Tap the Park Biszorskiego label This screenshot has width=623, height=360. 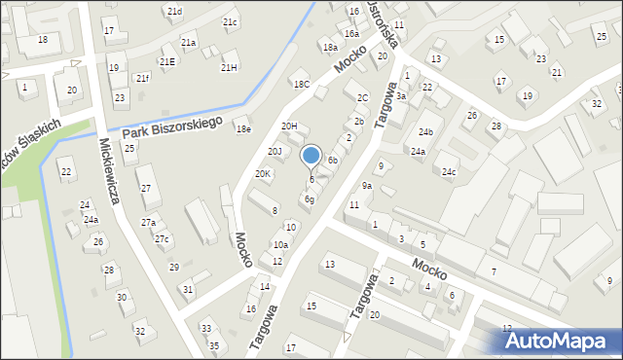pos(171,126)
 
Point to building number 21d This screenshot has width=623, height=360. pos(174,11)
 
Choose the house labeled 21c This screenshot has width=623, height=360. pos(230,21)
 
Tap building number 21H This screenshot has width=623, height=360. pos(229,67)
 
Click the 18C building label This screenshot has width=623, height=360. pos(302,85)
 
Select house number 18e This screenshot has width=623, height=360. pos(243,128)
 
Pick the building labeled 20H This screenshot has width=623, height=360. pos(289,126)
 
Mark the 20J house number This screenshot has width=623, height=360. pos(275,151)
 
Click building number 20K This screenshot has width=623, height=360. pos(263,173)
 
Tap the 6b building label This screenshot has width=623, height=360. pos(333,160)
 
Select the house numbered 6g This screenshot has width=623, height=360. pos(309,199)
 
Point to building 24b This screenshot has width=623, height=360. pos(425,131)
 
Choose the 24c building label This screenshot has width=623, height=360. pos(449,172)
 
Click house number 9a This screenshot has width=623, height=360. pos(367,185)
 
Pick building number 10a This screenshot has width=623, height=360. pos(280,245)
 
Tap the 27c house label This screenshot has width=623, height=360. pos(162,239)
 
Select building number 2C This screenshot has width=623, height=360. pos(362,97)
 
